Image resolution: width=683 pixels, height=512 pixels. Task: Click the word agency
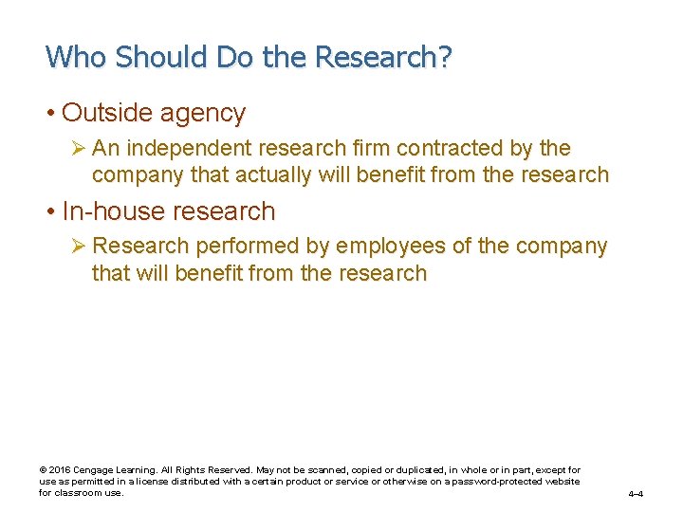[203, 114]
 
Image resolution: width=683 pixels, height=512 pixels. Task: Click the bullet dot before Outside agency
[50, 114]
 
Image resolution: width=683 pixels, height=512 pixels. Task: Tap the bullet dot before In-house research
[50, 211]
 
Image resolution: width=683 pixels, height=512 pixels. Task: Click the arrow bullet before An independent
[79, 148]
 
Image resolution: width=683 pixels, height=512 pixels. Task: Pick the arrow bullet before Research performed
[79, 247]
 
